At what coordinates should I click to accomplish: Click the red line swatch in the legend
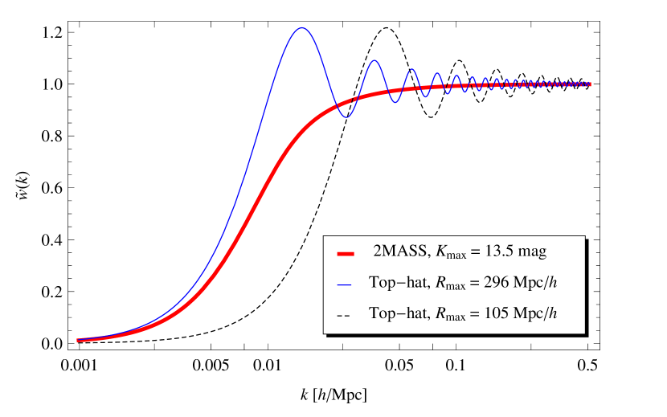pos(346,253)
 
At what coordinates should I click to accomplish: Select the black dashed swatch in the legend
pos(345,315)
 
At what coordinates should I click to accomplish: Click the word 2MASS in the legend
pos(400,252)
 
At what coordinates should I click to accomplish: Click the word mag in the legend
pos(532,252)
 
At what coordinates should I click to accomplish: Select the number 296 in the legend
pos(493,283)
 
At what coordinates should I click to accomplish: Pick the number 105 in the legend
pos(493,313)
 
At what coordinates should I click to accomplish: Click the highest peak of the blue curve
pos(302,28)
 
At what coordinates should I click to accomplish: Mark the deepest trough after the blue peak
pos(346,118)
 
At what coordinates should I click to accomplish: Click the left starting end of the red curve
pos(78,341)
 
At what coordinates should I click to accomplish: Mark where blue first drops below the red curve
pos(332,106)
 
